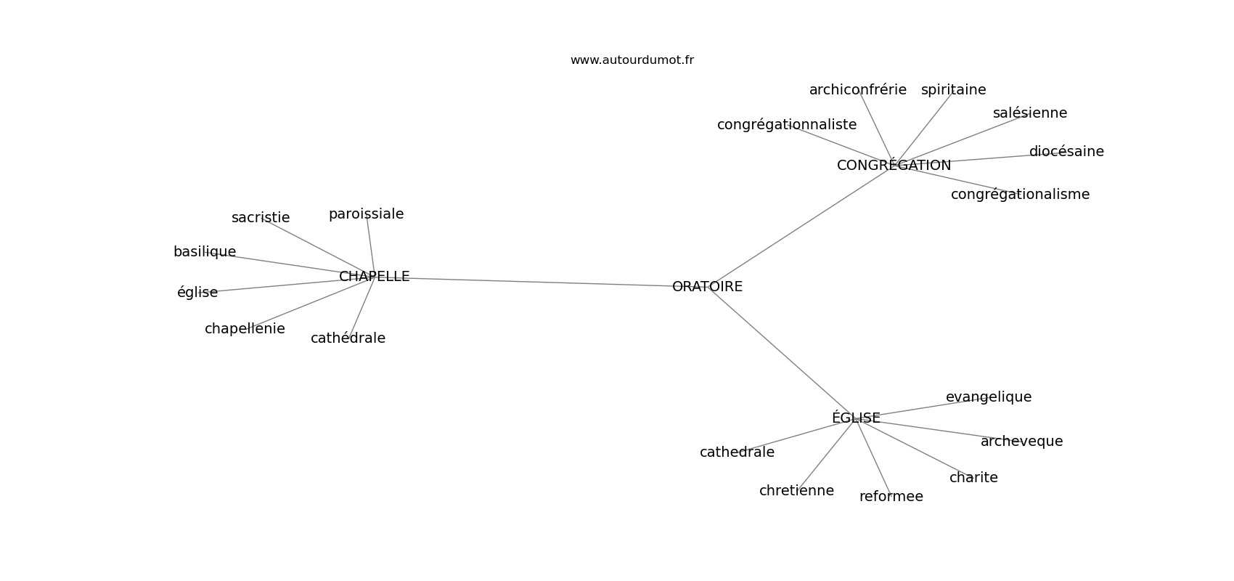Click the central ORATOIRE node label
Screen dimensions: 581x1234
(x=707, y=287)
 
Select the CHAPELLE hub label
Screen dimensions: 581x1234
(x=374, y=277)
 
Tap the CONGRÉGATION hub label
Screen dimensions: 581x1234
(x=894, y=166)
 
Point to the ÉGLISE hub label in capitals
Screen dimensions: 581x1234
(x=856, y=418)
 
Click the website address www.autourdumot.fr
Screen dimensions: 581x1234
(x=632, y=60)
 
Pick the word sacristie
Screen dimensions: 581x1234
(x=261, y=218)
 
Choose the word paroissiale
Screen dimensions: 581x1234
(x=366, y=214)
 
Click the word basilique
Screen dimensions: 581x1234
(x=204, y=252)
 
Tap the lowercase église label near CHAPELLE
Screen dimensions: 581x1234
(x=197, y=293)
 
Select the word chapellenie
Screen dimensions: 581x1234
(x=245, y=329)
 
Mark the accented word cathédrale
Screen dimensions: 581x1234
(x=348, y=338)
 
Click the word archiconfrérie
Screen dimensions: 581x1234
(x=857, y=90)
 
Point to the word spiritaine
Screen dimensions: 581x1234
(x=953, y=90)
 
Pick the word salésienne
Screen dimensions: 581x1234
(x=1029, y=113)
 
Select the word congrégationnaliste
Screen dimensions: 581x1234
(x=786, y=125)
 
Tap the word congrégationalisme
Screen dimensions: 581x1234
(x=1020, y=195)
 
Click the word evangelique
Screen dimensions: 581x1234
(x=988, y=397)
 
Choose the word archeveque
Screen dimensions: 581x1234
(x=1021, y=442)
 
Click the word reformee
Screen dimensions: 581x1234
(x=891, y=497)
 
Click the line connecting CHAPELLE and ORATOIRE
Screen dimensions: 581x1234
(x=537, y=283)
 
